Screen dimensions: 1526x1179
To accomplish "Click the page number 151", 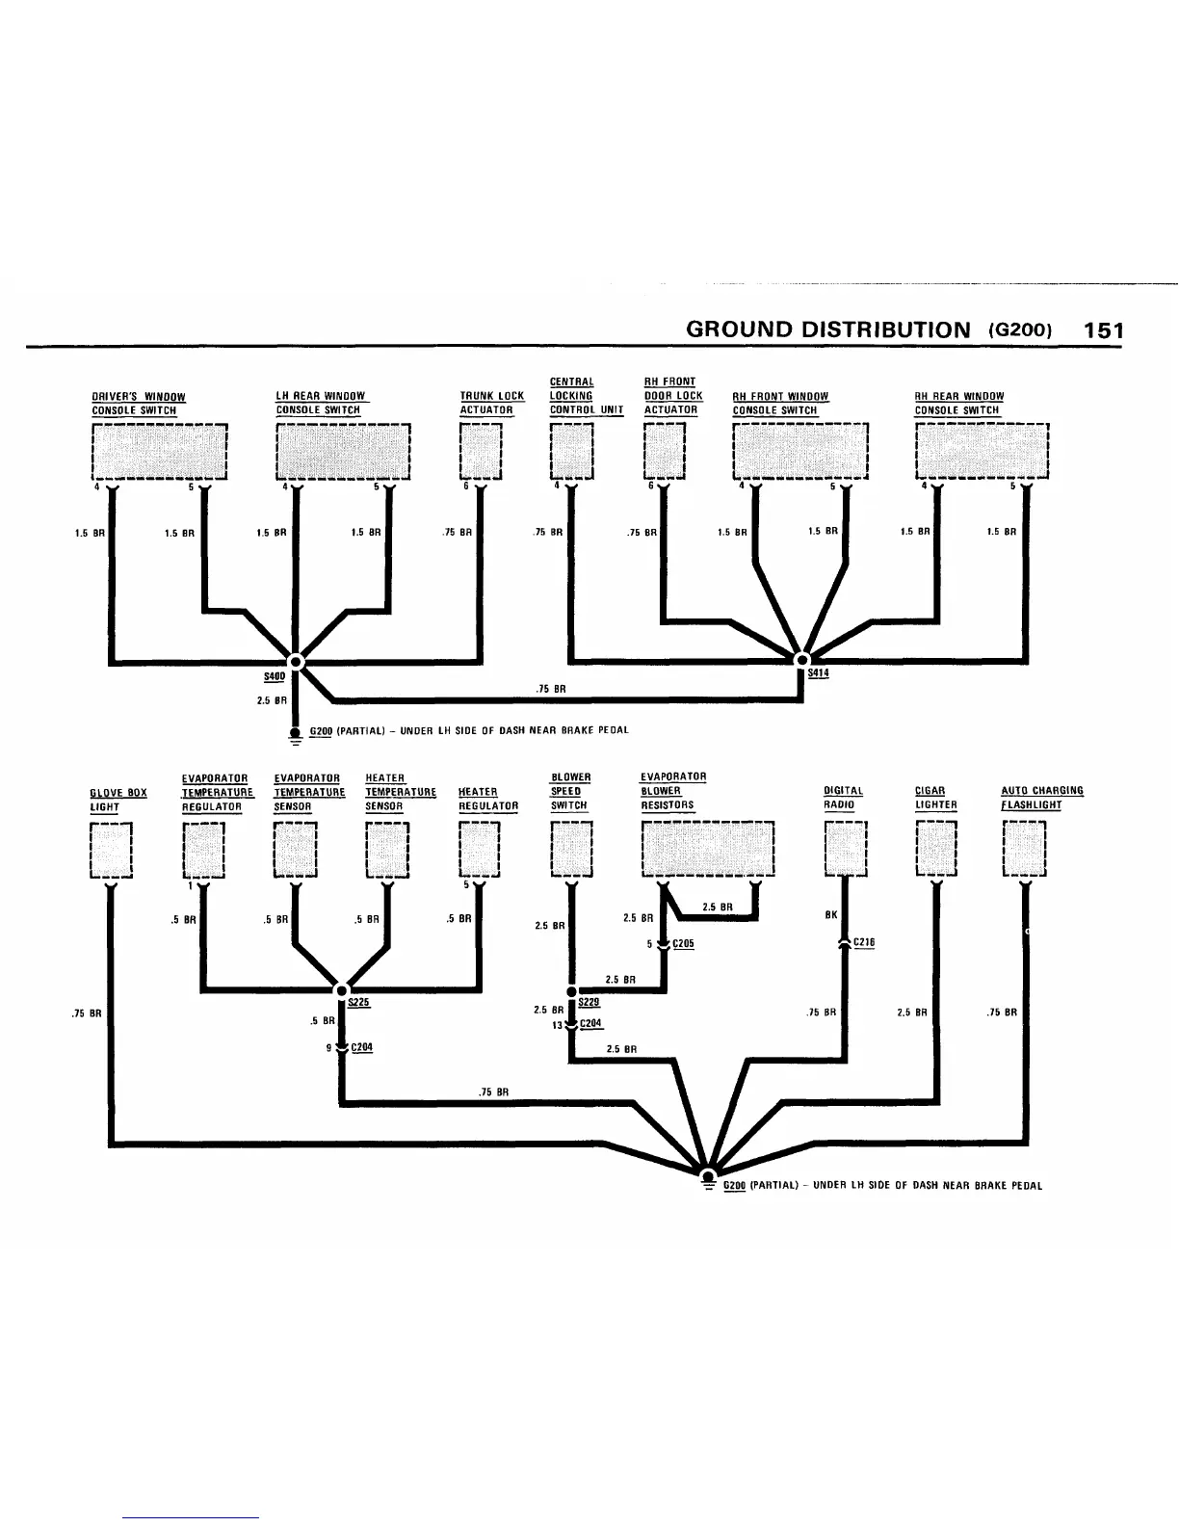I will click(1104, 330).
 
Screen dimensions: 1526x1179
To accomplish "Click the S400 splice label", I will click(260, 678).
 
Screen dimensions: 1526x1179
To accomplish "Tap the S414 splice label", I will click(818, 673).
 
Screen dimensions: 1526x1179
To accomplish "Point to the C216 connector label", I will click(864, 942).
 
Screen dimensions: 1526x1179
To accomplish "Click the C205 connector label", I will click(683, 944).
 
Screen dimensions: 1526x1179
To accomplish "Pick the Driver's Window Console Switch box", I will click(158, 451).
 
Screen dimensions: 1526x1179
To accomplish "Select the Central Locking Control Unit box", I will click(572, 451).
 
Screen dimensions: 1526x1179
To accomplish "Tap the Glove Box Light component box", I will click(111, 849).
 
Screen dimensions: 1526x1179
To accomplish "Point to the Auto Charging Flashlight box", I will click(1024, 848).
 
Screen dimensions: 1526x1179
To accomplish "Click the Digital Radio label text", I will click(844, 798).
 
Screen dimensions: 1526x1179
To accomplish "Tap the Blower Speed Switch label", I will click(570, 791).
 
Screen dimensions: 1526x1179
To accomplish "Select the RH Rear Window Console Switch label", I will click(959, 403).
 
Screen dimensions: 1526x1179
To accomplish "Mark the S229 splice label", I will click(589, 1002).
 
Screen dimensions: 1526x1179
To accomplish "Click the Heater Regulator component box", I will click(481, 849).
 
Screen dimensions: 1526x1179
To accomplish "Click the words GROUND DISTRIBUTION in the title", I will click(828, 330).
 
